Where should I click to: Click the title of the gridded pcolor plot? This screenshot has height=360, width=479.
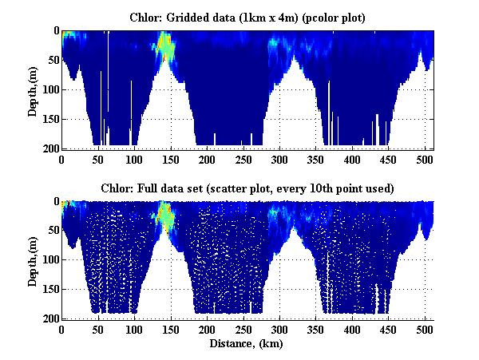[248, 17]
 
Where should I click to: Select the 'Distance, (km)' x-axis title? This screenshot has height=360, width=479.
[248, 344]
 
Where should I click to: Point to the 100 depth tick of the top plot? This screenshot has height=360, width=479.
[49, 89]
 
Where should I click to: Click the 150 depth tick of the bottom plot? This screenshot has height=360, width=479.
[49, 289]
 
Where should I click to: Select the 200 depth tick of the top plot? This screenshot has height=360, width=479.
[49, 148]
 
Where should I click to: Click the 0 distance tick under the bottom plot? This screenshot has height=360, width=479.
[61, 329]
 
